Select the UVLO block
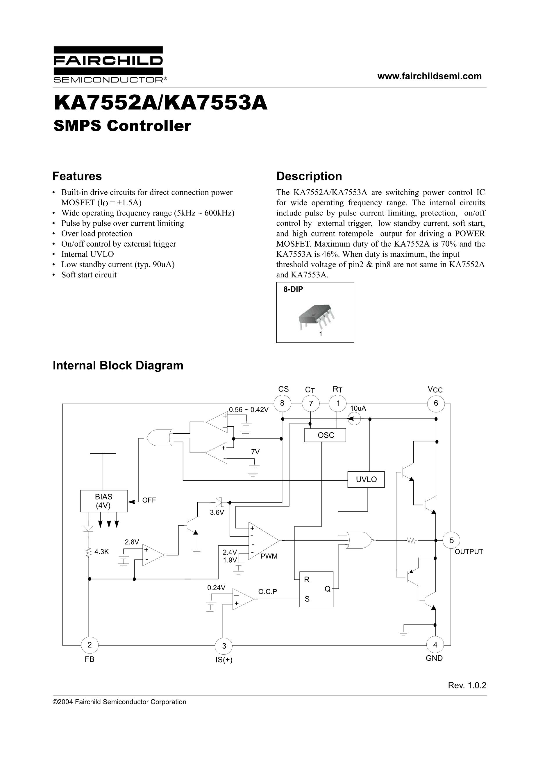(x=366, y=479)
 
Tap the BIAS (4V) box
(x=104, y=501)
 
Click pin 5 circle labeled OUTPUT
(x=451, y=540)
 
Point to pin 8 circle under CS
(x=282, y=403)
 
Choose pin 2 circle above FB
(x=90, y=645)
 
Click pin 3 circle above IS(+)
(x=224, y=646)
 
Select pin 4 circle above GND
(x=435, y=645)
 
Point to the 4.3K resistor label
(x=101, y=552)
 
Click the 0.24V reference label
(x=216, y=588)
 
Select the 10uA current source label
(x=358, y=408)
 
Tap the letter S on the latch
(x=307, y=599)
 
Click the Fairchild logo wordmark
(x=108, y=61)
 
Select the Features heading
(x=77, y=176)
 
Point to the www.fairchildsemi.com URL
(x=430, y=76)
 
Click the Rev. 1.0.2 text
(x=467, y=685)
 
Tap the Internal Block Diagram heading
(x=118, y=365)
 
